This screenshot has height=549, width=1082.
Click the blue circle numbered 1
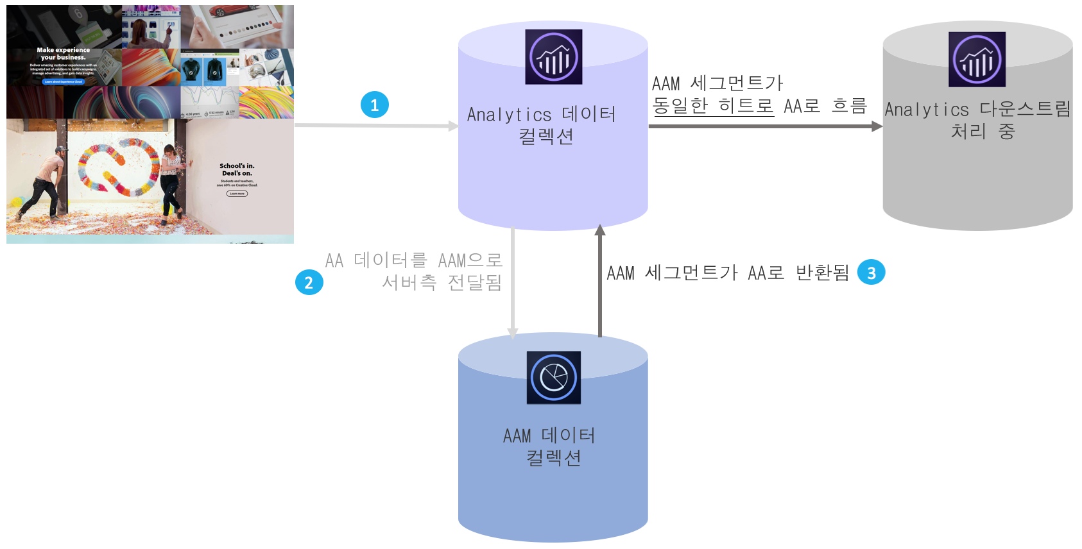coord(375,105)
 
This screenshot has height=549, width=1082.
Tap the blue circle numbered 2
coord(309,282)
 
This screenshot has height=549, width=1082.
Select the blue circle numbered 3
coord(871,273)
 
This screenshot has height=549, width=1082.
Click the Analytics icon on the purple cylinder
coord(553,57)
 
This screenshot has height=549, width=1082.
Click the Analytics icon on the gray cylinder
coord(977,60)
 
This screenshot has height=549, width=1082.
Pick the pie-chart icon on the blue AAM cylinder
coord(553,377)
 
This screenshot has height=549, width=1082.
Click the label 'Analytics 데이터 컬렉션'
coord(542,125)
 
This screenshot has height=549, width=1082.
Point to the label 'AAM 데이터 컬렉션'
coord(550,446)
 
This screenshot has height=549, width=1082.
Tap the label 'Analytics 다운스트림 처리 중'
coord(977,120)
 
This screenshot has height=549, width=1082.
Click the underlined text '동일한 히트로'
coord(713,106)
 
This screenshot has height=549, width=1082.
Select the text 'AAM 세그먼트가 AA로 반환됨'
coord(727,273)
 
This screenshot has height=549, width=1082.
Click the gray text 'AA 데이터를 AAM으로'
coord(413,260)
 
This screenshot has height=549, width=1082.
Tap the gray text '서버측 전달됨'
coord(442,282)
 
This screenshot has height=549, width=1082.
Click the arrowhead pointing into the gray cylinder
coord(877,126)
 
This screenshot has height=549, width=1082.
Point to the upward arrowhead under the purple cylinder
coord(600,230)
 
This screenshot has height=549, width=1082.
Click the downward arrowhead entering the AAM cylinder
coord(513,333)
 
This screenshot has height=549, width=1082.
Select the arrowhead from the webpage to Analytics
coord(453,126)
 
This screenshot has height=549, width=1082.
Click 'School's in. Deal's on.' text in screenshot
coord(237,169)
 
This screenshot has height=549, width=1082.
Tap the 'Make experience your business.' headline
coord(63,53)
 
